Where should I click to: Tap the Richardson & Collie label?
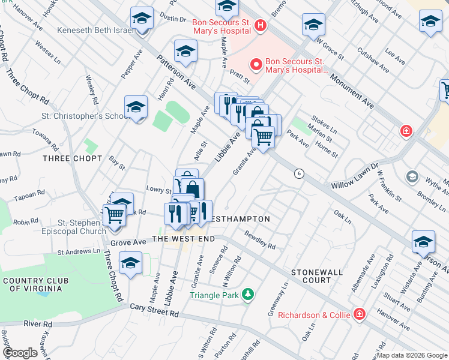[x=309, y=314]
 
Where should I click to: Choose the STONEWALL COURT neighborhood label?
[x=317, y=276]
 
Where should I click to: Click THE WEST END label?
[x=183, y=239]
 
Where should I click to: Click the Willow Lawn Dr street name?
[x=355, y=175]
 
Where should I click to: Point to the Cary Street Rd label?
[x=154, y=310]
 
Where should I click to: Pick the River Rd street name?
[x=38, y=323]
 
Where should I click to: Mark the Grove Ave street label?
[x=128, y=242]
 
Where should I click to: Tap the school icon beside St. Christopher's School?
[x=136, y=108]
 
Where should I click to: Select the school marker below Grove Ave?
[x=130, y=263]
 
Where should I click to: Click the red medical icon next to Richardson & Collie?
[x=359, y=314]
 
